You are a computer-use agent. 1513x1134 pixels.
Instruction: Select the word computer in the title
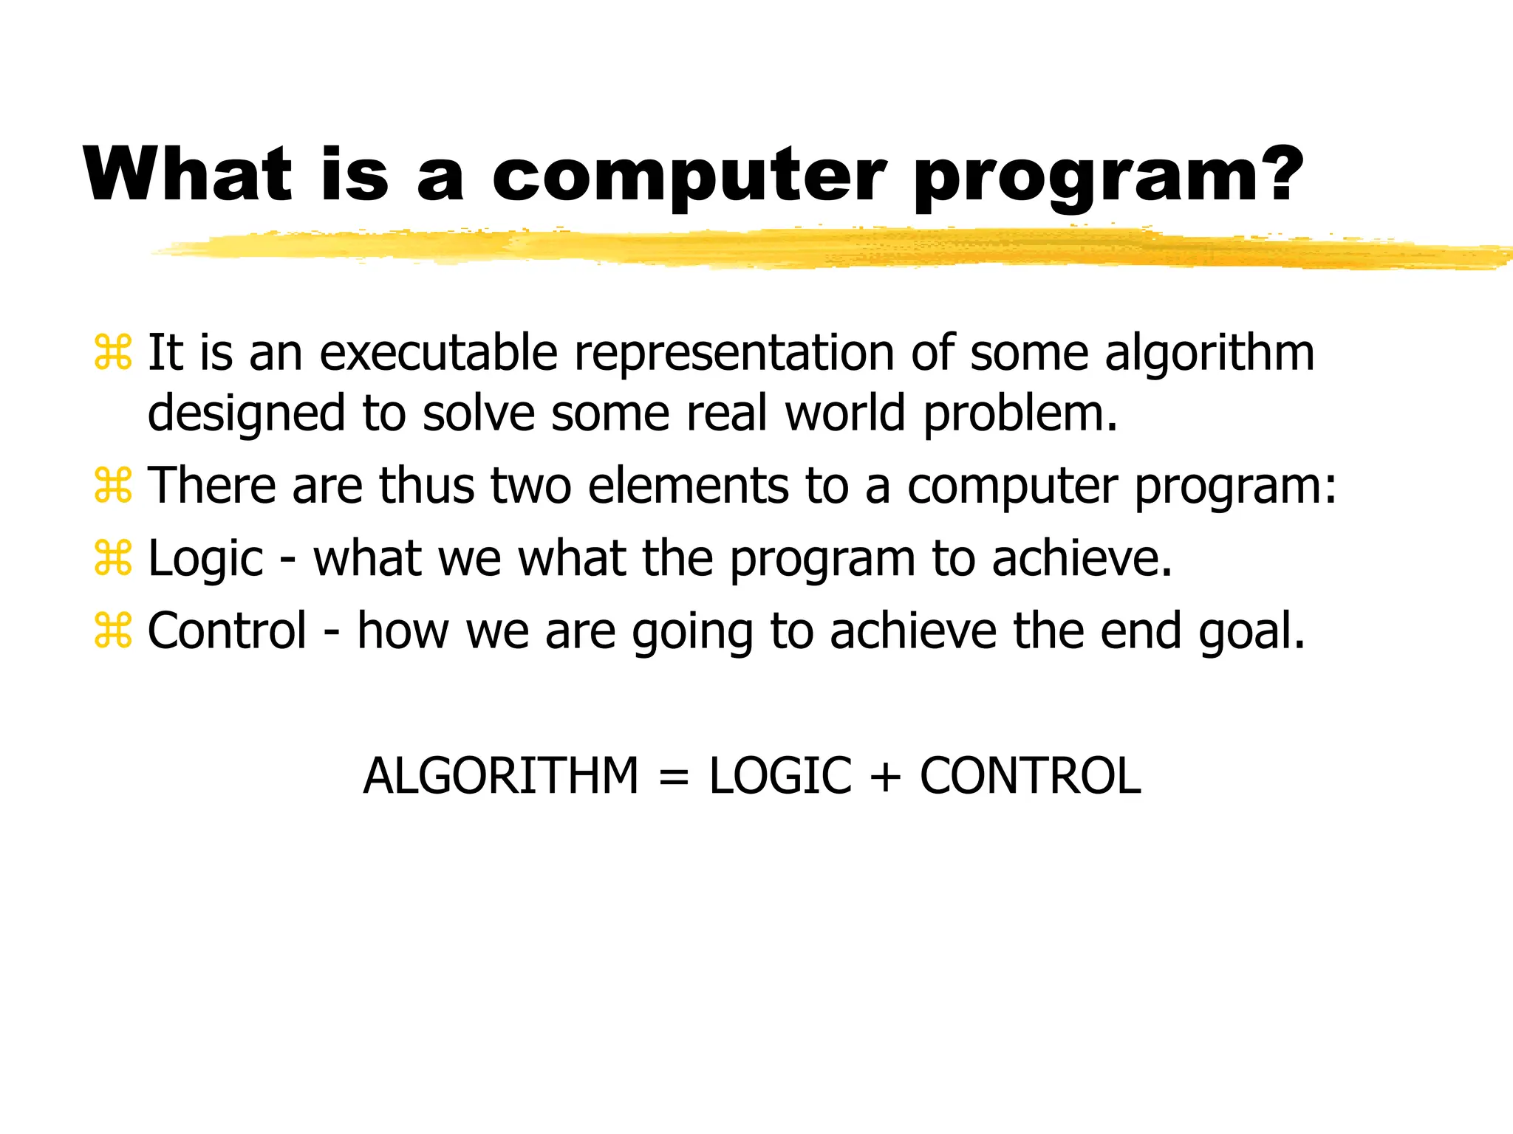point(688,177)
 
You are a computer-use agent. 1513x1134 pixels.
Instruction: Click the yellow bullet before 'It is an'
point(113,353)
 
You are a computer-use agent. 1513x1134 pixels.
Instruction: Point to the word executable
point(438,353)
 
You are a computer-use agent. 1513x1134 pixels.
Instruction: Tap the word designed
point(246,414)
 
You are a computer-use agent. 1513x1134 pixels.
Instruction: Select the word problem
point(1020,414)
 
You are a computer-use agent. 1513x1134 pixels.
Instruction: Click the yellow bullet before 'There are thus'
point(113,486)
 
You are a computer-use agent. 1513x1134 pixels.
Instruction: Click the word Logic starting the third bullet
point(205,560)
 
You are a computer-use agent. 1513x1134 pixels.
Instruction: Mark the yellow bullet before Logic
point(113,558)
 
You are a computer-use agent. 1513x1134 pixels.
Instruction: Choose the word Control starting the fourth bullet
point(227,630)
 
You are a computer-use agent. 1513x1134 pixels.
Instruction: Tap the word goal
point(1251,632)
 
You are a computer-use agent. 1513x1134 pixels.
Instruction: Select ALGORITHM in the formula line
point(500,777)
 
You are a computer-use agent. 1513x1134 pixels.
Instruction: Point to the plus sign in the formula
point(885,777)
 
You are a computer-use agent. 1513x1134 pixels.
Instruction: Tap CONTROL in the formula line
point(1030,777)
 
